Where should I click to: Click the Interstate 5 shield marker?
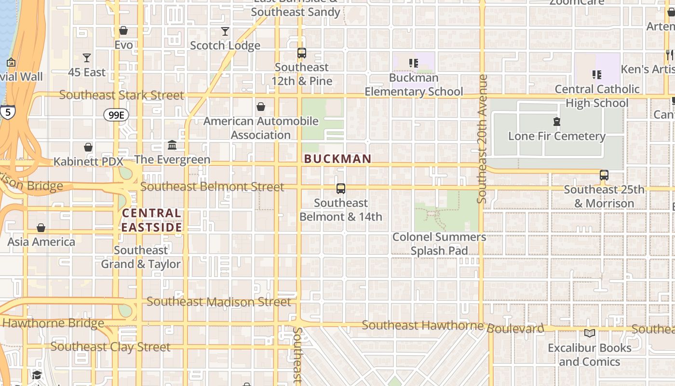point(7,112)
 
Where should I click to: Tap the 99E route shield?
point(116,115)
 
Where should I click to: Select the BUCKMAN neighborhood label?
point(337,159)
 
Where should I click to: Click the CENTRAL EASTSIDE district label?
point(152,220)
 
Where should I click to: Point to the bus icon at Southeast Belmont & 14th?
point(341,189)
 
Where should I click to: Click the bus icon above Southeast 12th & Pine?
point(302,53)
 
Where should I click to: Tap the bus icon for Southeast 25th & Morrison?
point(604,175)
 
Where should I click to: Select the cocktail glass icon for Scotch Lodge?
point(225,31)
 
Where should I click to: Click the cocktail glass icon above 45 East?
point(87,58)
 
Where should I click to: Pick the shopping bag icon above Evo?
point(123,31)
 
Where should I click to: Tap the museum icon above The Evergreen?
point(172,145)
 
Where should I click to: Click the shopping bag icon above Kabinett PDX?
point(88,147)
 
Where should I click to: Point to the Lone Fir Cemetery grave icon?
point(557,122)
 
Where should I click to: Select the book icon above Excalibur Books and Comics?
point(590,333)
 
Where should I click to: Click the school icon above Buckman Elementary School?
point(413,63)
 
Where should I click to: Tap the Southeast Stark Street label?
point(121,95)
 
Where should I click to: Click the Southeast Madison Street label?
point(219,302)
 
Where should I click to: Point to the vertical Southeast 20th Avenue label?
point(482,138)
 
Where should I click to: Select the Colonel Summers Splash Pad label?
point(439,244)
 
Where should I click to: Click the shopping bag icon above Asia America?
point(41,227)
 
